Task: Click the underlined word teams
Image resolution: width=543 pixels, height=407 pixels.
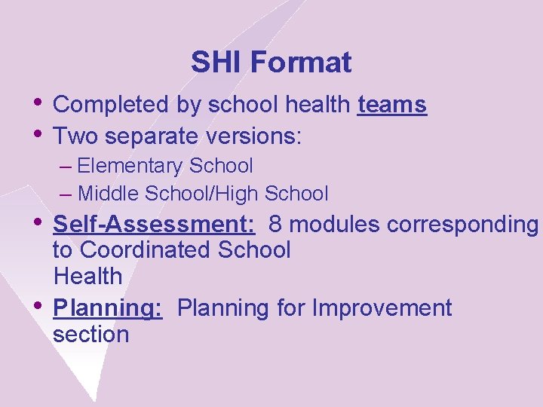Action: (x=392, y=106)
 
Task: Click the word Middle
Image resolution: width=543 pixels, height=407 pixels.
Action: (x=111, y=194)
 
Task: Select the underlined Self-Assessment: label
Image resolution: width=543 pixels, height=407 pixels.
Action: (x=154, y=224)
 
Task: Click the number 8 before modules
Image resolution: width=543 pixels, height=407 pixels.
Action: (x=275, y=224)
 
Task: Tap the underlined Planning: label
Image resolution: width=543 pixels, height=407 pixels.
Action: (x=108, y=308)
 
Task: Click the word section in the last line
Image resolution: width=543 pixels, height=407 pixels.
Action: (x=91, y=335)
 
